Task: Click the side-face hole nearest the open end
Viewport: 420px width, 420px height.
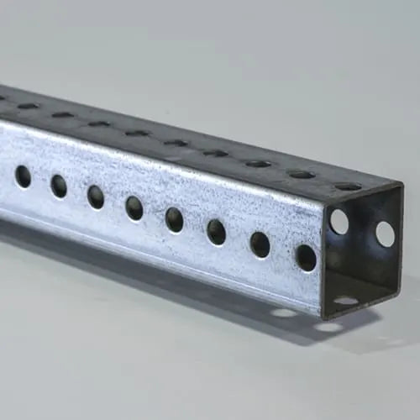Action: point(306,257)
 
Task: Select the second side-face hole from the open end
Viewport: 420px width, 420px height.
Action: point(260,244)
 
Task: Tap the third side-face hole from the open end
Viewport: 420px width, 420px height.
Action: point(216,232)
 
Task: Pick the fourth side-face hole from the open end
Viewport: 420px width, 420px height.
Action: point(174,219)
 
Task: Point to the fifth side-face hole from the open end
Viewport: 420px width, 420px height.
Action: point(134,207)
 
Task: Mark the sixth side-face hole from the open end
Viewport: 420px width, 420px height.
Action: point(96,197)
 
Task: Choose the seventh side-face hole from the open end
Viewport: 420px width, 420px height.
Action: point(59,186)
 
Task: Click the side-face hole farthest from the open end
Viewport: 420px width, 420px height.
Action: point(23,176)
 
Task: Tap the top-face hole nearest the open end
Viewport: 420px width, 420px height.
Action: point(347,186)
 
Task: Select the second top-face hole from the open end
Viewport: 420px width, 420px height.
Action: point(301,175)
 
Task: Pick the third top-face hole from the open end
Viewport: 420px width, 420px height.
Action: point(258,164)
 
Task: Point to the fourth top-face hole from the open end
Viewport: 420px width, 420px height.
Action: point(216,153)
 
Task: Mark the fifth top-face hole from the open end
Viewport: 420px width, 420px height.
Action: point(176,143)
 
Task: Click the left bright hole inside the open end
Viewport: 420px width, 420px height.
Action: point(339,221)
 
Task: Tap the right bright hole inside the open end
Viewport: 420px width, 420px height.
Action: point(385,234)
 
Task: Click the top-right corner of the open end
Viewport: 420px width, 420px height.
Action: point(402,186)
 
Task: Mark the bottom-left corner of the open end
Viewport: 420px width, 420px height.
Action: point(323,318)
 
